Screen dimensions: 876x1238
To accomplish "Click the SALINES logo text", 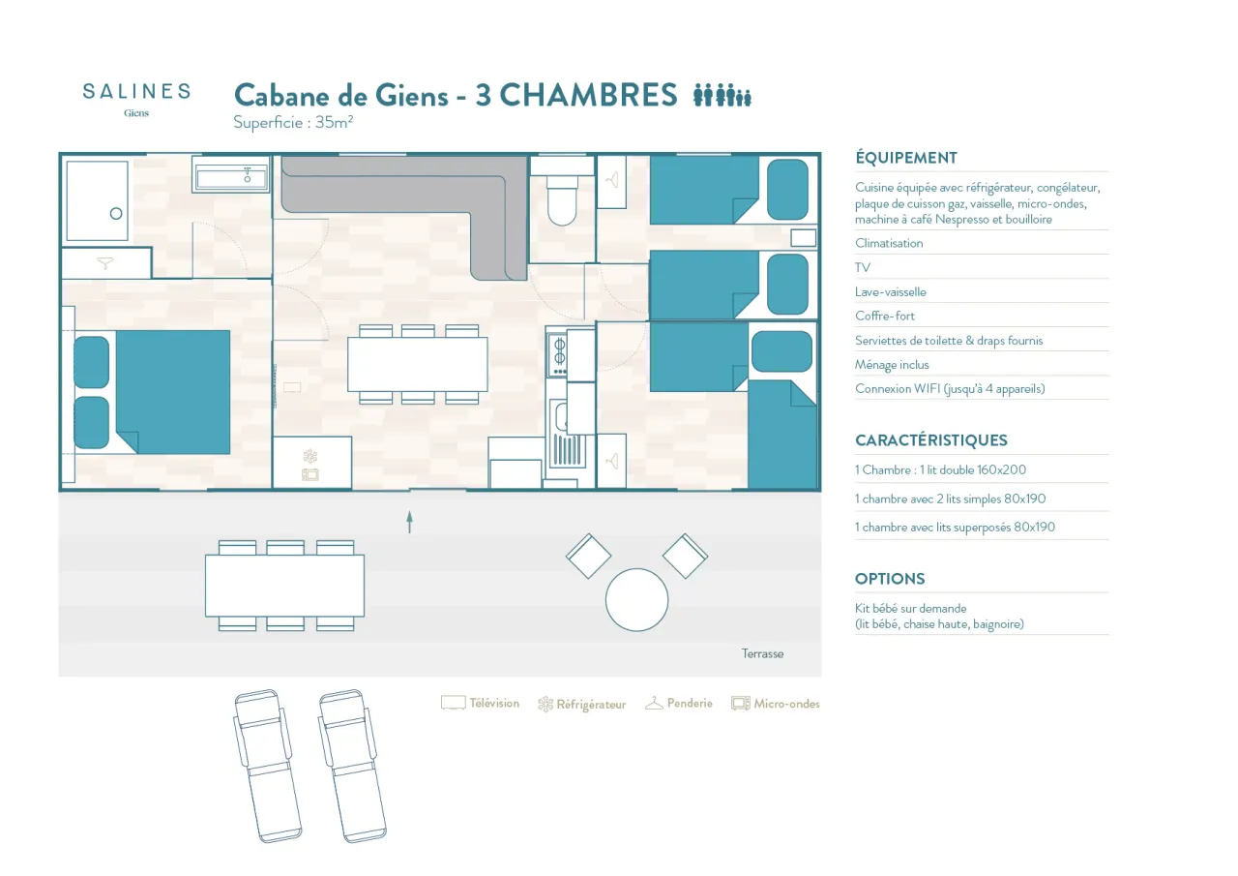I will coord(136,91).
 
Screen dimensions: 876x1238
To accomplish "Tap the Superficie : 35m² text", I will coord(292,122).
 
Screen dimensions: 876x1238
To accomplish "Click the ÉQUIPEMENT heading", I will coord(905,158).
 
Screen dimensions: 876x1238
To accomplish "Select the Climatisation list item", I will coord(889,243).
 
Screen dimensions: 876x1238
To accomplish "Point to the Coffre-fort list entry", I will coord(884,316).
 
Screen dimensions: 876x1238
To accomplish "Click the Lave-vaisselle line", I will coord(890,291).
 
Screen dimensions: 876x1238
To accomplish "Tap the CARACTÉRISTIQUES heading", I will coord(930,439).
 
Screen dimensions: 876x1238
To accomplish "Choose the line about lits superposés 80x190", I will coord(955,528).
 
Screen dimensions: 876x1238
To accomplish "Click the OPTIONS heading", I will coord(890,579).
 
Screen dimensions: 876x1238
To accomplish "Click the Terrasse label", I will coord(762,653).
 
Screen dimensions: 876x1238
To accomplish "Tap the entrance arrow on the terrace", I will coord(409,522).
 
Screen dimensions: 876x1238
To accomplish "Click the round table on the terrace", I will coord(636,599).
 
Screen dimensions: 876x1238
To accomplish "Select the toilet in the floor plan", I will coord(562,201).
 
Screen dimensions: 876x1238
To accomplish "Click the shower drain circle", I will coord(116,214).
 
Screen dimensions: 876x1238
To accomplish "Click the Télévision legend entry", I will coord(481,704).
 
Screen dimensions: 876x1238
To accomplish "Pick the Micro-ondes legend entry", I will coord(776,704).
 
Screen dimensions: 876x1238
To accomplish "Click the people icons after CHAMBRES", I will coord(722,95).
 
